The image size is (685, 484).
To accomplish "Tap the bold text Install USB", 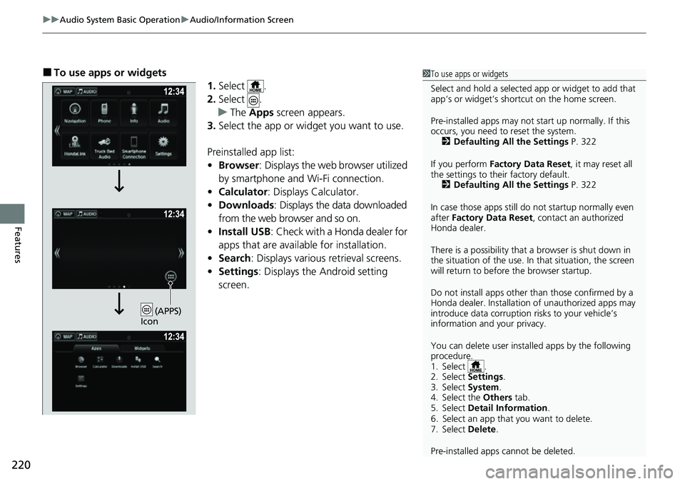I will [x=247, y=231].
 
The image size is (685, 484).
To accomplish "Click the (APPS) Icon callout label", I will [x=161, y=316].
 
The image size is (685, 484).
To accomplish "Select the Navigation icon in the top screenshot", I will [x=76, y=111].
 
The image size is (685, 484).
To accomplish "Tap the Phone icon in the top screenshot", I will [x=106, y=111].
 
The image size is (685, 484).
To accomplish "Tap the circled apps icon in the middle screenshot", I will [x=170, y=277].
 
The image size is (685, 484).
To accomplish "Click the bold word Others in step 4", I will [x=494, y=398].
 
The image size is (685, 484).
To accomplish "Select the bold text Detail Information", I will [x=502, y=408].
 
